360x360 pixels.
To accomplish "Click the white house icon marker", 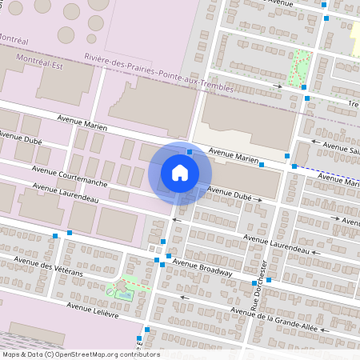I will pyautogui.click(x=180, y=173).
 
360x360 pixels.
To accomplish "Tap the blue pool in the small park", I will pyautogui.click(x=124, y=294).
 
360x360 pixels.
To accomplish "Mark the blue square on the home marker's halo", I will pyautogui.click(x=190, y=151).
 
